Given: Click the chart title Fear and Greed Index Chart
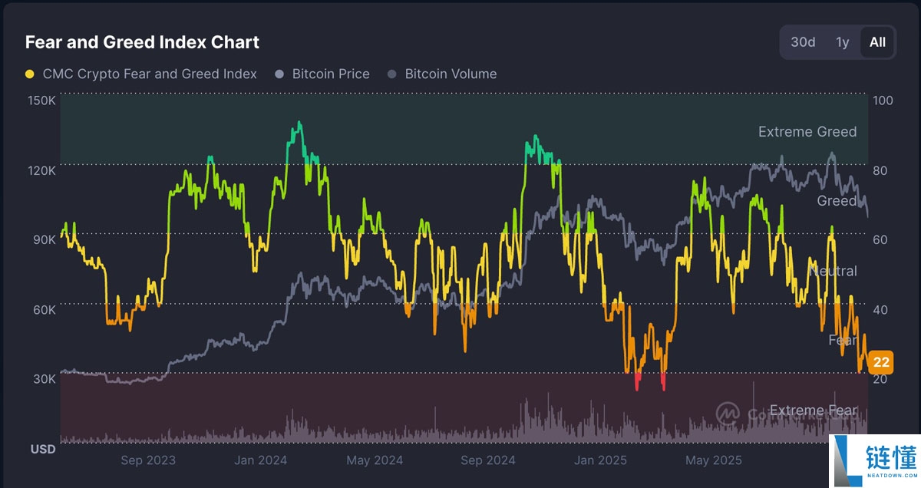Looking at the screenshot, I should point(142,42).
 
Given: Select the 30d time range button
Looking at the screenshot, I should point(803,42).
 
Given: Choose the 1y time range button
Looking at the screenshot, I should point(843,42).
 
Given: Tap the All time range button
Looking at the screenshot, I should point(877,42).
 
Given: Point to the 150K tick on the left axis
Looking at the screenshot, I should point(41,101).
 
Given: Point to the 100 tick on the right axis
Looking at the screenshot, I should point(883,101).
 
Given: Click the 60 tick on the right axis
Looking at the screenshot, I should point(881,239).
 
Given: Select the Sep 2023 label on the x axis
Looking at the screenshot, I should point(148,460).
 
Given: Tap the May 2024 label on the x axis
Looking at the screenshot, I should point(375,460).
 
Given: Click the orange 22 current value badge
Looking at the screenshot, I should point(881,362).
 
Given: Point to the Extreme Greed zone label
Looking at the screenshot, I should point(807,132).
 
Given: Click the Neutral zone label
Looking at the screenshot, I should point(834,271).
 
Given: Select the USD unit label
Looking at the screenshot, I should point(43,449).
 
